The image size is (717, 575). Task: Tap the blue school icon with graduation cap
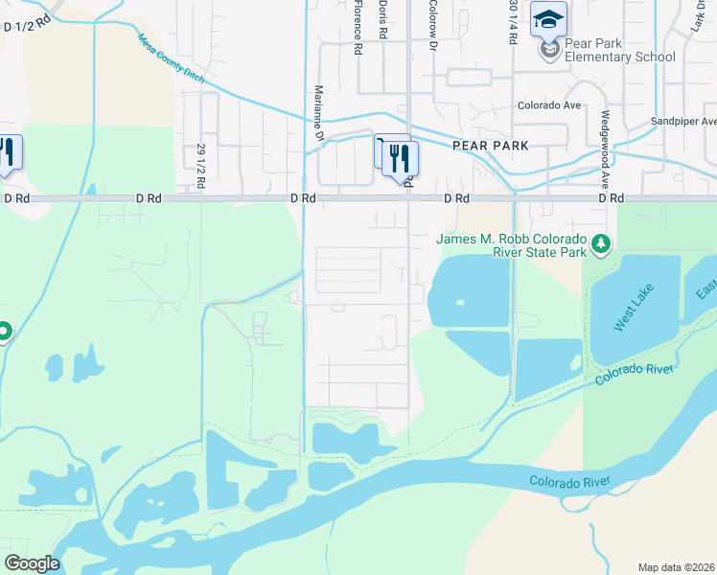click(549, 20)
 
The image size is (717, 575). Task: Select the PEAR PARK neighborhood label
click(490, 146)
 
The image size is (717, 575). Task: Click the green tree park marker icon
click(601, 245)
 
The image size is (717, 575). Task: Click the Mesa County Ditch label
click(171, 60)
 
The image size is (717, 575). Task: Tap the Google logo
click(32, 563)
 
